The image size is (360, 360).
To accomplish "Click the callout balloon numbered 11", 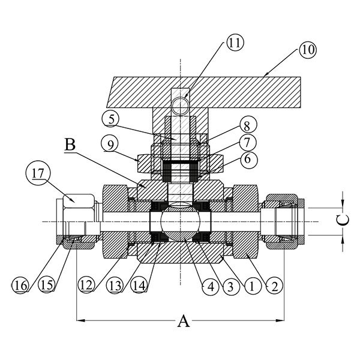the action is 235,43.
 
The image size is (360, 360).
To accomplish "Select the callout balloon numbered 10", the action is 308,50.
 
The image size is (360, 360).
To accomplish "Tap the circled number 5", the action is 110,120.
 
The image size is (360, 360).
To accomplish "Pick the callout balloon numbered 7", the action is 247,143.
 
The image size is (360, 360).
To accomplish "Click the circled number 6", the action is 247,159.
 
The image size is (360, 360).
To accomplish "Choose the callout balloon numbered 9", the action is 110,144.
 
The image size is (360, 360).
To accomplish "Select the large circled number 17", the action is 38,173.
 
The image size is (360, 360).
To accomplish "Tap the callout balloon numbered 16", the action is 20,286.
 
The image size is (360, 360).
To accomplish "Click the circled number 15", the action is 47,284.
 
